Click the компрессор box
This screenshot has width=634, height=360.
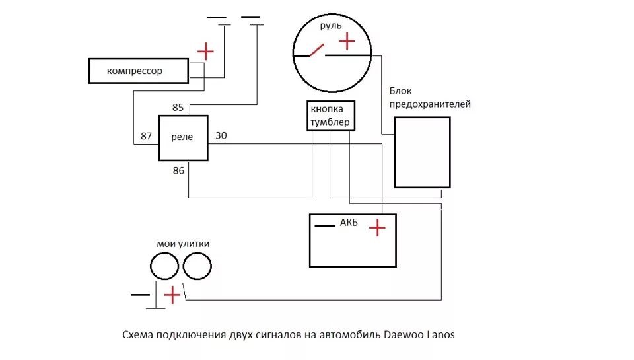coord(139,71)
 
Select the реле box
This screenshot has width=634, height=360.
coord(183,137)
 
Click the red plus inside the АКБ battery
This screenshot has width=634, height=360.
coord(377,229)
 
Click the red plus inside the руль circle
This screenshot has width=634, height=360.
coord(347,42)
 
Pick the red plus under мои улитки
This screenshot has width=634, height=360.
coord(172,295)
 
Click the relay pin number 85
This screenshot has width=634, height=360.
coord(178,107)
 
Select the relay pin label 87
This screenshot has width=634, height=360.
coord(147,136)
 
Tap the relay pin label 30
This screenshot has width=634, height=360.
coord(221,136)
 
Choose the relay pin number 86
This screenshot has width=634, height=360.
coord(178,170)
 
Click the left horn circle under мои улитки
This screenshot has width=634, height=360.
coord(164,268)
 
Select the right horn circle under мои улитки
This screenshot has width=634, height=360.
coord(197,268)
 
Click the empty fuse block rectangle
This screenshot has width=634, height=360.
coord(422,153)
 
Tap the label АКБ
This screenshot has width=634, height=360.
coord(349,223)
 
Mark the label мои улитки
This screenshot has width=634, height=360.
coord(183,244)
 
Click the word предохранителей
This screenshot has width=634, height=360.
coord(430,104)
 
